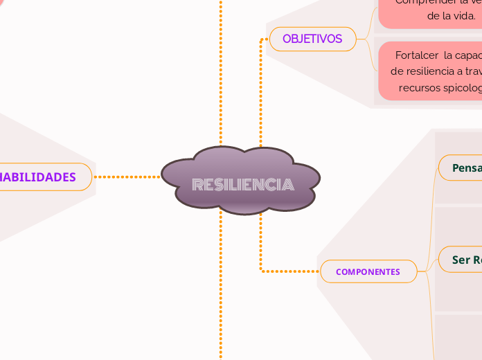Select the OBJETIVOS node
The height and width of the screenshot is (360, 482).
pos(312,39)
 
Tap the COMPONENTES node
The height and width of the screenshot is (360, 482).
pos(368,271)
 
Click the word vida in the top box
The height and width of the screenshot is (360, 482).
pos(461,15)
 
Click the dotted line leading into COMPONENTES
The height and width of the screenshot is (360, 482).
pos(291,271)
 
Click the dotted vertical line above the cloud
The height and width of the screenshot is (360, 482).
pos(221,69)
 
